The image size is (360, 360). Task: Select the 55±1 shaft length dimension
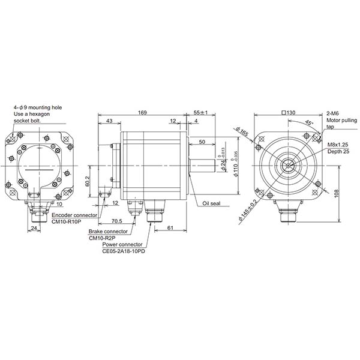[x=200, y=112]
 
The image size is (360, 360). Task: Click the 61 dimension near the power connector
[x=170, y=227]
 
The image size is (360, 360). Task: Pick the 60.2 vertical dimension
[x=88, y=181]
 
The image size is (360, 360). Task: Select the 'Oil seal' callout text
[x=211, y=203]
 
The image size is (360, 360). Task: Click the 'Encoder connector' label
[x=74, y=214]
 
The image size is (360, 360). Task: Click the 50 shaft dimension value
[x=202, y=141]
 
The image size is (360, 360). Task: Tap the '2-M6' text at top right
[x=334, y=113]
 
